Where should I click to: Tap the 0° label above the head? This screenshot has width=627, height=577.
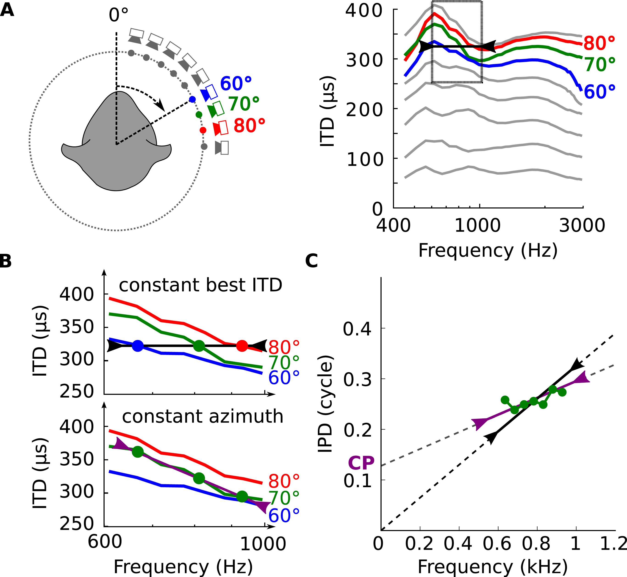pyautogui.click(x=118, y=15)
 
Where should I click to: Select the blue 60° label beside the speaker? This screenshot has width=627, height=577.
pyautogui.click(x=236, y=84)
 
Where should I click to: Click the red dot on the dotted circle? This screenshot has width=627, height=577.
pyautogui.click(x=203, y=130)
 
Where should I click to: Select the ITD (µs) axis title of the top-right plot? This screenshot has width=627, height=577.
pyautogui.click(x=328, y=111)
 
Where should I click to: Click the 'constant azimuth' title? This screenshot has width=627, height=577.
pyautogui.click(x=203, y=417)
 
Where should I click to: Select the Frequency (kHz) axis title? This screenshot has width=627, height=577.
pyautogui.click(x=492, y=567)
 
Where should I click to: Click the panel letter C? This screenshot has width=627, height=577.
pyautogui.click(x=311, y=261)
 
